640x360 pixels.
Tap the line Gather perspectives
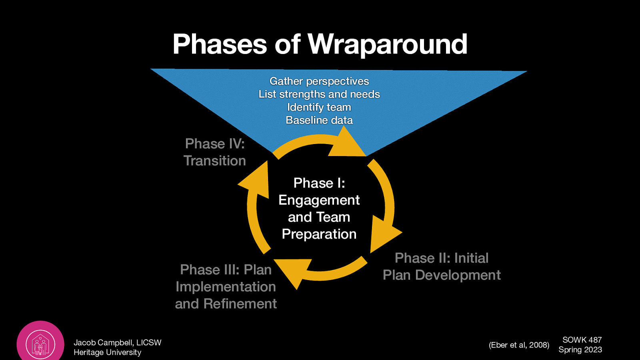pos(319,81)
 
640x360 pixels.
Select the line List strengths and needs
pos(319,94)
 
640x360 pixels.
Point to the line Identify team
pos(319,107)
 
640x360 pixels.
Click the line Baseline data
pos(319,120)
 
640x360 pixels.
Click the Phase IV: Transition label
pos(215,152)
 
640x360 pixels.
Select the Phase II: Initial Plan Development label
pos(442,266)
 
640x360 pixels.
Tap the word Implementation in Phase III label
pos(226,287)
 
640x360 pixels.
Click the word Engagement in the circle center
pos(319,200)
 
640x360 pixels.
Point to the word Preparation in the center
pos(319,234)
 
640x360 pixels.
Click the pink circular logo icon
pos(40,343)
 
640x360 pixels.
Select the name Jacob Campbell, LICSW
pos(117,342)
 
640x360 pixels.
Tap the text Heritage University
pos(107,352)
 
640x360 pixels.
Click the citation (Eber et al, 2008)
pos(519,345)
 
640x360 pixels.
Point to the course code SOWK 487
pos(582,340)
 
